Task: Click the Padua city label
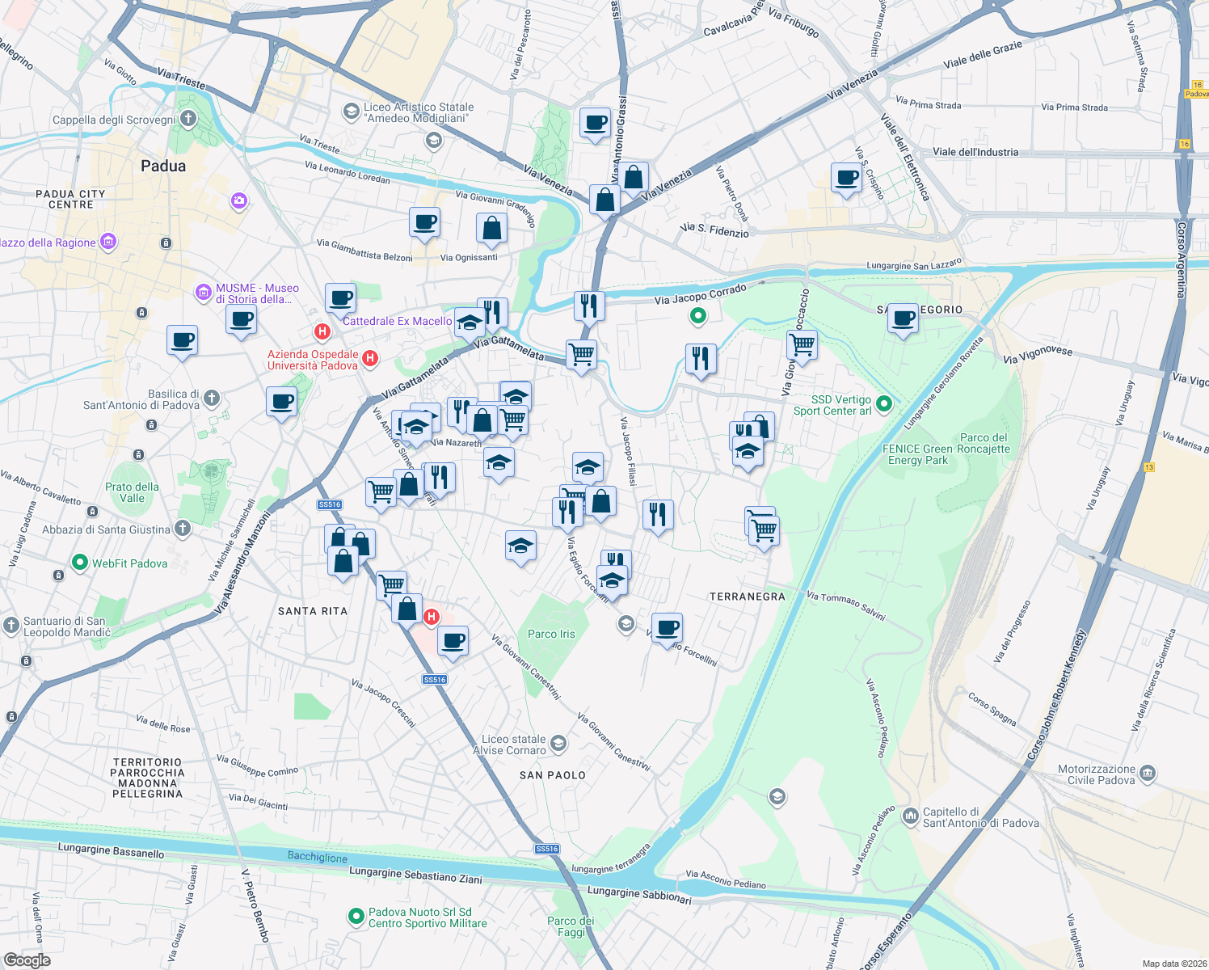coord(163,166)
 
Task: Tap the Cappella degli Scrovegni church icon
coord(188,120)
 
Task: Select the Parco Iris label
coord(551,634)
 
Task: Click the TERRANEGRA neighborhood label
coord(747,597)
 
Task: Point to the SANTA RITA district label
coord(313,611)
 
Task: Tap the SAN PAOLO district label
coord(553,775)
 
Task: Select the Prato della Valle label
coord(132,492)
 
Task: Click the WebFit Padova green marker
coord(79,563)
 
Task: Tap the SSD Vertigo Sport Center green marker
coord(884,404)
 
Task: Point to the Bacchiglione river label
coord(318,858)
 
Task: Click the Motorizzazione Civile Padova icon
coord(1148,774)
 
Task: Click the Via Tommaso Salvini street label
coord(846,605)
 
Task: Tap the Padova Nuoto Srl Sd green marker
coord(356,917)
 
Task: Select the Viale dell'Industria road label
coord(975,152)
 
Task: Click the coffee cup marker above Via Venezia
coord(596,124)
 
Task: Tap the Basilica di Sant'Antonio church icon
coord(212,398)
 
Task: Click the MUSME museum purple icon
coord(204,292)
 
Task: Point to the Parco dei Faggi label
coord(571,926)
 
